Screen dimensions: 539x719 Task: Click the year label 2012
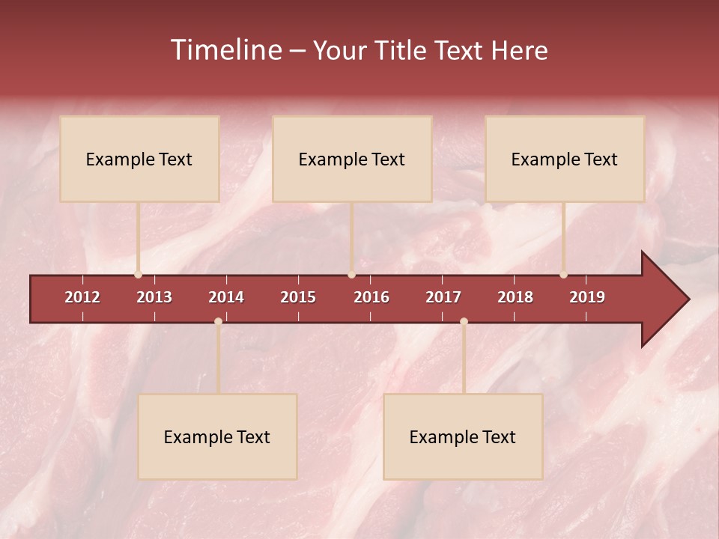tap(82, 297)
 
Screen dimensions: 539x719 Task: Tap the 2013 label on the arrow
tap(154, 297)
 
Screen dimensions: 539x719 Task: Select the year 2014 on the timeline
tap(226, 297)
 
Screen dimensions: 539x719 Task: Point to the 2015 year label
tap(298, 297)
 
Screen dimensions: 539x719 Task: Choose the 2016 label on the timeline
tap(371, 297)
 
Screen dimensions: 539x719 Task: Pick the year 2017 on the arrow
tap(443, 297)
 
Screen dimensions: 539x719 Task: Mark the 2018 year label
tap(515, 297)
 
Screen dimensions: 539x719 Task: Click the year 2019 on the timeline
tap(587, 297)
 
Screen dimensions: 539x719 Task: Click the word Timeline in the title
tap(225, 50)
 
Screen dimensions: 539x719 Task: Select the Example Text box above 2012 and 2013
tap(139, 159)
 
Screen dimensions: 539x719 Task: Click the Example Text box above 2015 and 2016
tap(352, 159)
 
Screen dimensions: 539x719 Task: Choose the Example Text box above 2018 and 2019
tap(565, 159)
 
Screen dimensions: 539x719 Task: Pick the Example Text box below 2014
tap(217, 436)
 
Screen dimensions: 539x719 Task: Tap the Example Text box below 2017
tap(463, 436)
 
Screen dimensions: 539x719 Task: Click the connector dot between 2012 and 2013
tap(138, 275)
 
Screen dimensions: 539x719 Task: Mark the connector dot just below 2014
tap(218, 321)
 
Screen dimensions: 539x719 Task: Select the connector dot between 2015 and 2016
tap(351, 275)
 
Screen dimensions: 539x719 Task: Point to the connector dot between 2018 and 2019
tap(564, 275)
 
